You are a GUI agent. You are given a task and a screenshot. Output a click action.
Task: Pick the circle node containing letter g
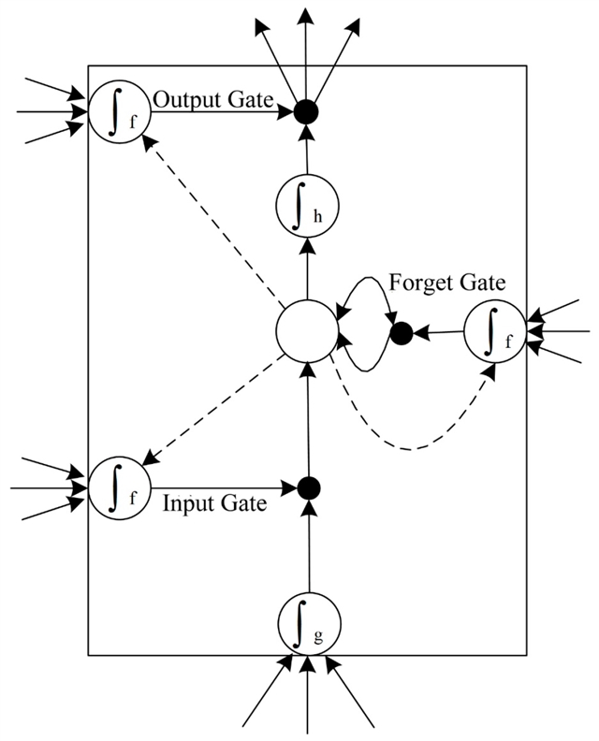[308, 619]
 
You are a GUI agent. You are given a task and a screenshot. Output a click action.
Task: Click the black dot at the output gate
[303, 111]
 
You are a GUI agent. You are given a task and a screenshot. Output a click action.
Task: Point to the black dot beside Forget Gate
[401, 331]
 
